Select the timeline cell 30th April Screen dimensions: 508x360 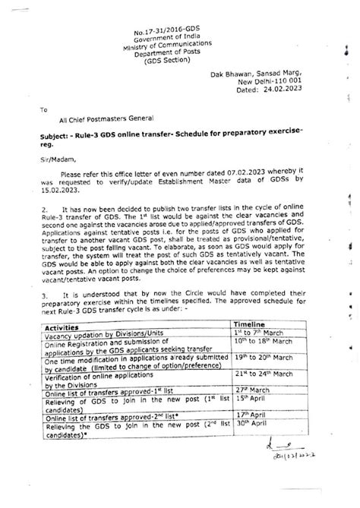pyautogui.click(x=252, y=453)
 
